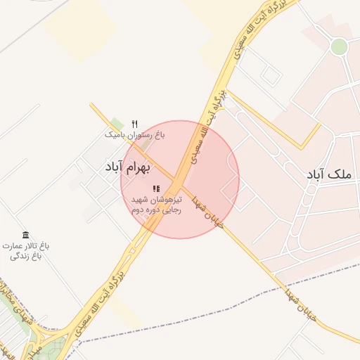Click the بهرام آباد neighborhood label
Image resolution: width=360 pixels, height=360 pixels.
pos(132,167)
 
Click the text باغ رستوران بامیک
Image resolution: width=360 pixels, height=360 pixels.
pos(135,134)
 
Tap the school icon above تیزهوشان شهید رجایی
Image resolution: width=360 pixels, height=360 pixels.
pos(156,188)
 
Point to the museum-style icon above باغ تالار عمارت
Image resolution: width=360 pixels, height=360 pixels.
pos(26,234)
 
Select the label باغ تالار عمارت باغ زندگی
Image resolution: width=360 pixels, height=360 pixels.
pos(26,251)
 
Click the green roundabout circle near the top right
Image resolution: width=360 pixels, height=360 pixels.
pos(339,46)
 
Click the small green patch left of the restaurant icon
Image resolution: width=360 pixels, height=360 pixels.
pos(117,124)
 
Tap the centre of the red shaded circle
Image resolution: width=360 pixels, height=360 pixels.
pos(180,179)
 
